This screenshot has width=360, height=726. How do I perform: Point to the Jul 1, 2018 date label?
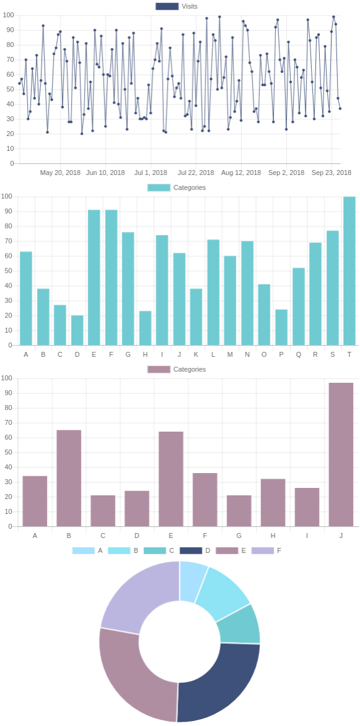pos(150,173)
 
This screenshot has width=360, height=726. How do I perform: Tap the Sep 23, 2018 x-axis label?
pos(331,173)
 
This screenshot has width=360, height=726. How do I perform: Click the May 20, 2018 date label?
pos(60,173)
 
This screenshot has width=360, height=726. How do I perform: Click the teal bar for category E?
pos(94,278)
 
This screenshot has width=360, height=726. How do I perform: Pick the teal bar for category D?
pos(77,330)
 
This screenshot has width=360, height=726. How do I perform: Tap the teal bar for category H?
pos(145,328)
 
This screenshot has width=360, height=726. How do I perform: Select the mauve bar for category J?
pos(341,455)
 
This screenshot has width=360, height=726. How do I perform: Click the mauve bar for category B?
pos(69,478)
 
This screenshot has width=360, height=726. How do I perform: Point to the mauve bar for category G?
pos(239,511)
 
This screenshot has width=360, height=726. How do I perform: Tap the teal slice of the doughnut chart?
pos(239,625)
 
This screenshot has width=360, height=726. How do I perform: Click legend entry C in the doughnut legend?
pos(156,550)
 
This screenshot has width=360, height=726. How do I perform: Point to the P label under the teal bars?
pos(281,354)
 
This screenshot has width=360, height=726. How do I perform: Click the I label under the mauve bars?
pos(307,536)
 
